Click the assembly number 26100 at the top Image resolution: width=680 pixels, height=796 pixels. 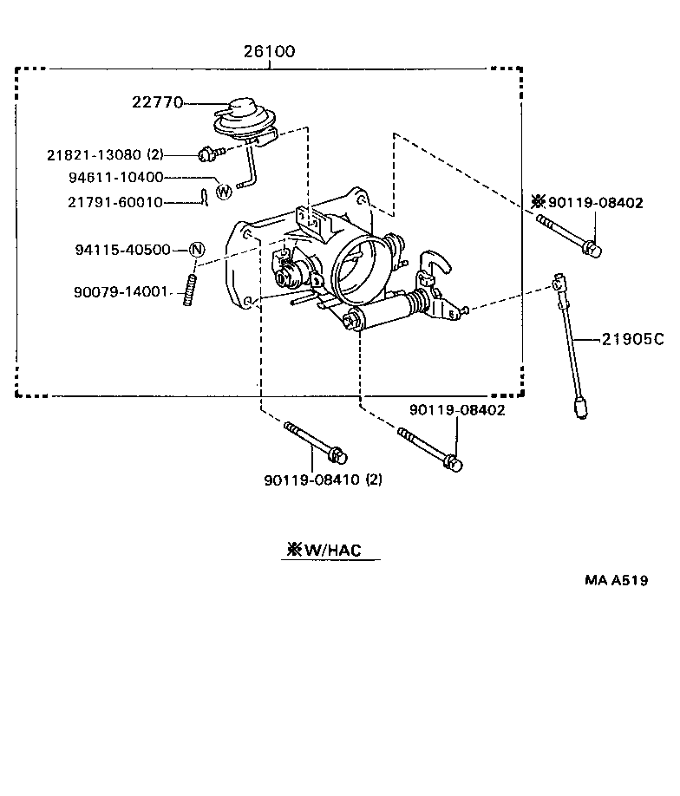click(x=269, y=52)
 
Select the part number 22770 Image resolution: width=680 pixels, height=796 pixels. click(x=157, y=102)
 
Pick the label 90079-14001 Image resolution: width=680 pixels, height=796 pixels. click(x=121, y=291)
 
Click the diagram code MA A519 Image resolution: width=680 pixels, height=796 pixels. click(x=615, y=581)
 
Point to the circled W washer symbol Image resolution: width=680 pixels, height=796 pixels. click(x=223, y=190)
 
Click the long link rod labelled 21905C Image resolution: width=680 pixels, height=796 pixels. click(x=570, y=343)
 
